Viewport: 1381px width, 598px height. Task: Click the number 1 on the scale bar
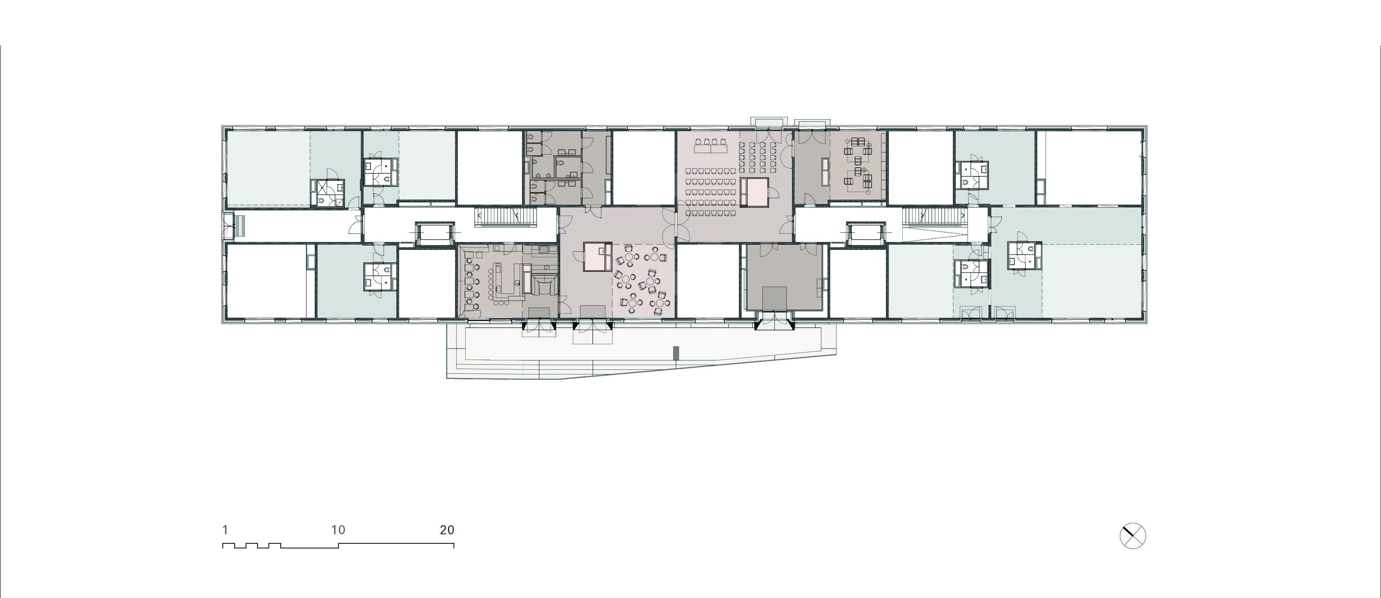tap(225, 530)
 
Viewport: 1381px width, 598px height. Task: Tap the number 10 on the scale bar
tap(338, 530)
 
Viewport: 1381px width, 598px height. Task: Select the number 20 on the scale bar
tap(447, 530)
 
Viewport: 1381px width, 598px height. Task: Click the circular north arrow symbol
tap(1133, 536)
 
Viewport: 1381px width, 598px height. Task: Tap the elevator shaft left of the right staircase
tap(865, 234)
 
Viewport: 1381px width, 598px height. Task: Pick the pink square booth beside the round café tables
tap(597, 257)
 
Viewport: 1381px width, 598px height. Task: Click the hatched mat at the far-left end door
tap(241, 225)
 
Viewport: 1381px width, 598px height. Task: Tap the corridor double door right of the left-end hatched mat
tap(356, 225)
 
